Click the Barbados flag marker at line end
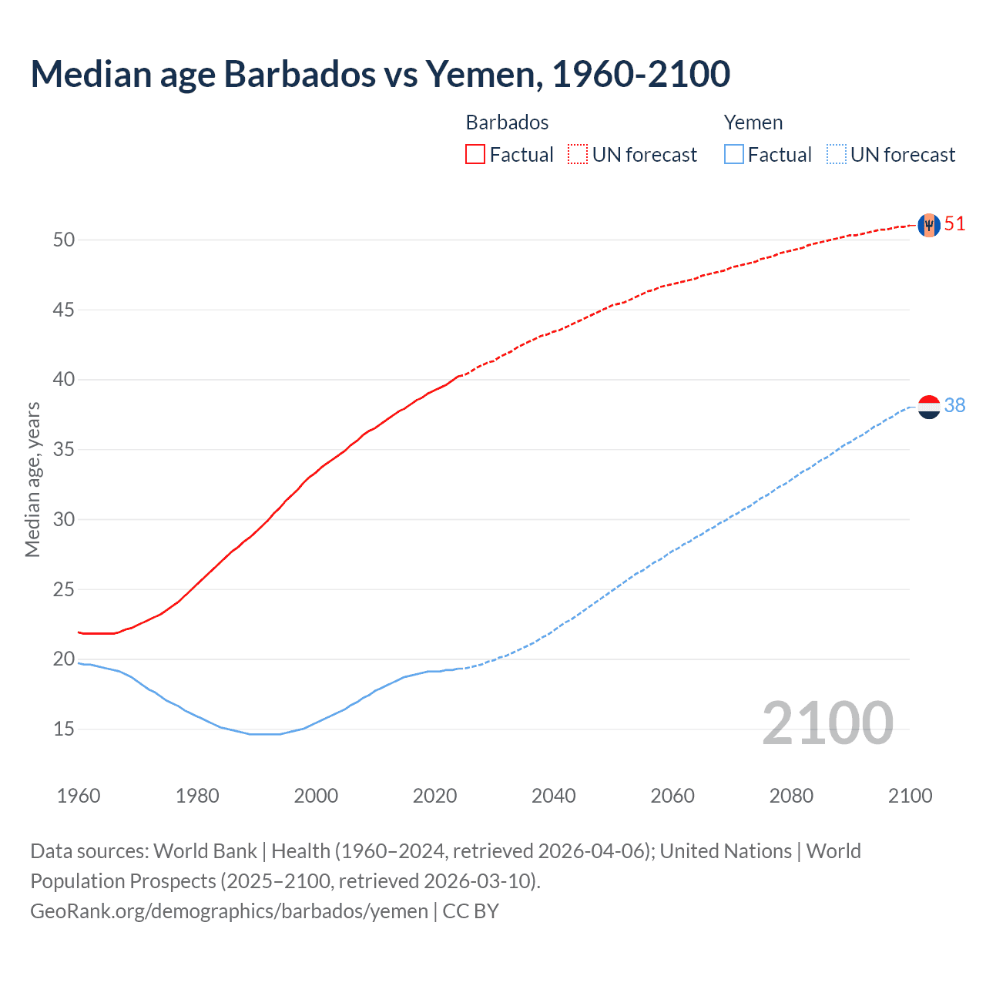(x=929, y=225)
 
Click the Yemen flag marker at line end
(x=929, y=407)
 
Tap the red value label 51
(x=954, y=224)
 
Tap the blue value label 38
(x=954, y=406)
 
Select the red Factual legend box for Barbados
(x=475, y=155)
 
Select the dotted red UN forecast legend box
(x=578, y=155)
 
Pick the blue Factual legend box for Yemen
(x=733, y=155)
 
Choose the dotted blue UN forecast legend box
(x=836, y=155)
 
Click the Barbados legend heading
(x=507, y=122)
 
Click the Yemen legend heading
(x=753, y=122)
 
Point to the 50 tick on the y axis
(x=64, y=240)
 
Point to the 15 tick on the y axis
(x=64, y=729)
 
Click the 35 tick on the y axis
(x=64, y=449)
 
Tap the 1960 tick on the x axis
(x=79, y=796)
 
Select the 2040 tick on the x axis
(x=553, y=796)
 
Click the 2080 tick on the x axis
(x=791, y=796)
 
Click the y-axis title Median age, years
(x=32, y=479)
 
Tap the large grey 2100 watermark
(x=827, y=723)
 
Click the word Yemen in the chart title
(x=479, y=74)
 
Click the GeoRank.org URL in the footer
(x=229, y=911)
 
